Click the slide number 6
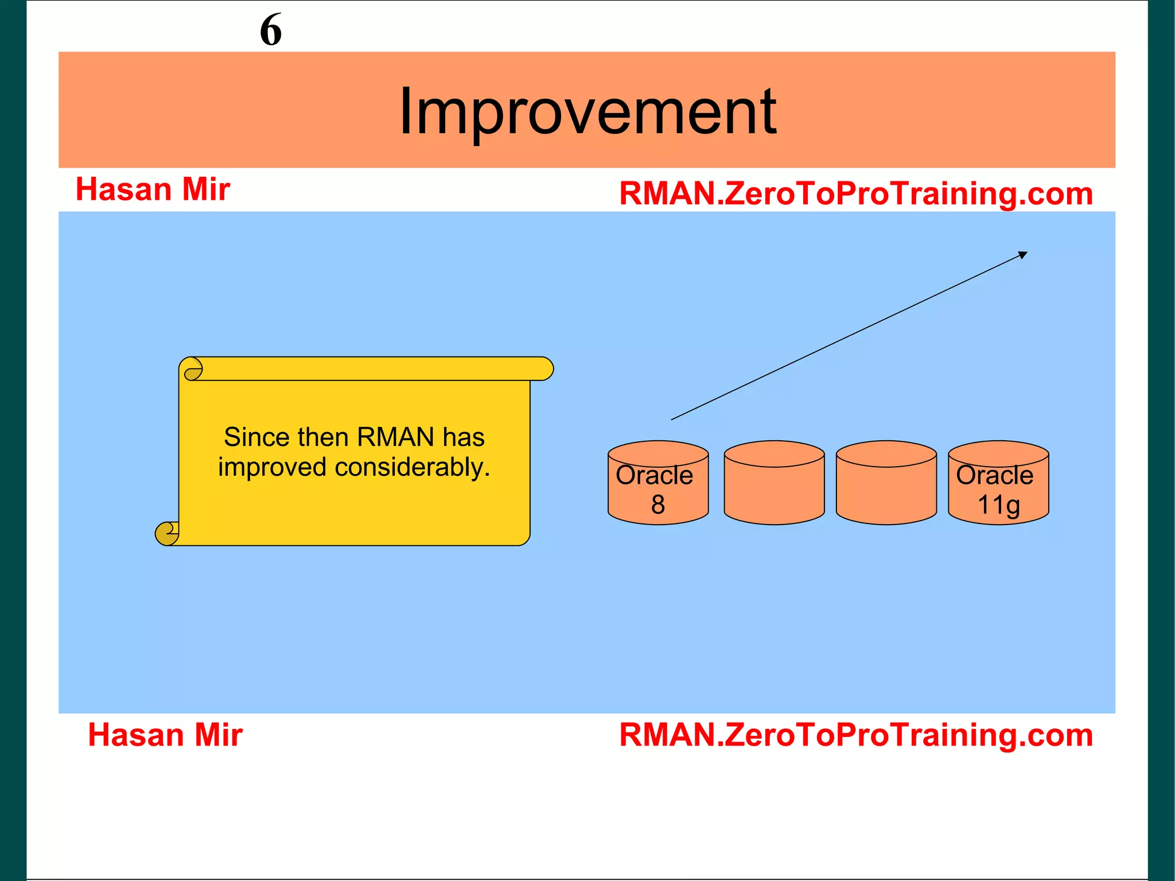click(x=271, y=30)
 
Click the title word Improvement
click(x=587, y=111)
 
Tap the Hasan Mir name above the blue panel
click(x=153, y=189)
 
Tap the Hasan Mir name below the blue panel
click(x=165, y=735)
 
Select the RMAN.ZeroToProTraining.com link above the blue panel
click(x=856, y=193)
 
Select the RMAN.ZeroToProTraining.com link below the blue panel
click(x=856, y=735)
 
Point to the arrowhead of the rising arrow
click(x=1023, y=255)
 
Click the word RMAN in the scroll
click(x=395, y=437)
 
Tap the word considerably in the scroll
click(x=412, y=467)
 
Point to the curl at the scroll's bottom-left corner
click(x=167, y=533)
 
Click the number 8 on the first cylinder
click(x=658, y=504)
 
